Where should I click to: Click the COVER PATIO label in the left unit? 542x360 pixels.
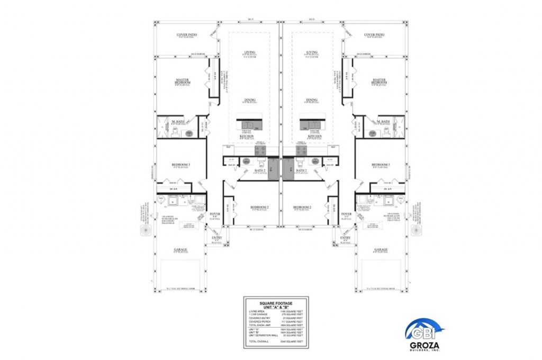point(186,35)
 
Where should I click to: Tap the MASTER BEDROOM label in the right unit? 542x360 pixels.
point(379,82)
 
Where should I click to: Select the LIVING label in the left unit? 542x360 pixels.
point(249,52)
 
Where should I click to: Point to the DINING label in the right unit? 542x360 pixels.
point(311,100)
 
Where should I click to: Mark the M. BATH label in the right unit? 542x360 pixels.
point(383,122)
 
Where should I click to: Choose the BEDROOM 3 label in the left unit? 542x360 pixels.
point(181,165)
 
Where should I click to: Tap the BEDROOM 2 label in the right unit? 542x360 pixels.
point(302,207)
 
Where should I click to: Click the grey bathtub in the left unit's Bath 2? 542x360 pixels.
point(273,170)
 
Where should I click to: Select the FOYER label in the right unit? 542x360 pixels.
point(346,214)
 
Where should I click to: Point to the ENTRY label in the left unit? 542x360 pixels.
point(217,238)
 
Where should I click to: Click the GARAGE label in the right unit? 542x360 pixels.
point(381,249)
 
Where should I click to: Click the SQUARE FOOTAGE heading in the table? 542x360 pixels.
point(275,302)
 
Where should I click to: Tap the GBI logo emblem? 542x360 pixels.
point(421,331)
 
